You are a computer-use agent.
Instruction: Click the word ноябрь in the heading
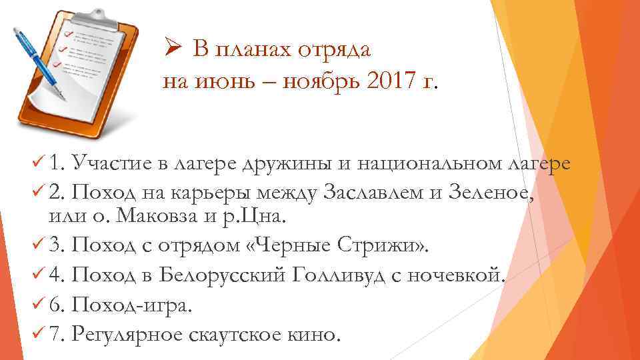coord(316,82)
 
